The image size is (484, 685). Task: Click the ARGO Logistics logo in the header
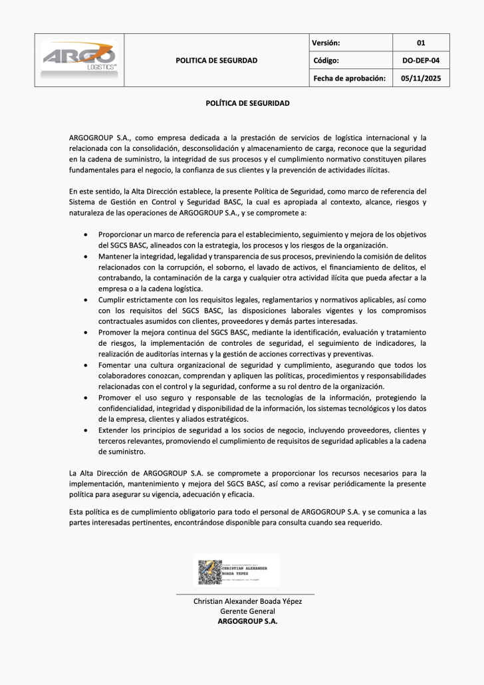point(80,60)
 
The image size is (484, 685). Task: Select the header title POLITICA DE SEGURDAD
point(216,61)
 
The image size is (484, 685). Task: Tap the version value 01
point(420,43)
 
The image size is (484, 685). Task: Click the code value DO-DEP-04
point(421,61)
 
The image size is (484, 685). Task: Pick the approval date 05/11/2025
point(421,78)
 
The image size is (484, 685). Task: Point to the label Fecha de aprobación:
point(348,78)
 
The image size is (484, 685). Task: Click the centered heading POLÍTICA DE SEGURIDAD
point(247,104)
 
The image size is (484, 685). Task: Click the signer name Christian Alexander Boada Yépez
point(247,601)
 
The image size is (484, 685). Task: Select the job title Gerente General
point(247,611)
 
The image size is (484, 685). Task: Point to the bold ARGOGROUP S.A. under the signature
point(247,621)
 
